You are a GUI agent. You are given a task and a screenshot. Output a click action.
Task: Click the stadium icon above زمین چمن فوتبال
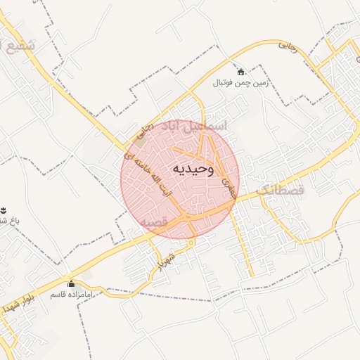point(241,72)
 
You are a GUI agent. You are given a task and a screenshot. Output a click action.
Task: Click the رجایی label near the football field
point(288,45)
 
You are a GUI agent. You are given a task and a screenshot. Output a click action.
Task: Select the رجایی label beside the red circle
point(143,130)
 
